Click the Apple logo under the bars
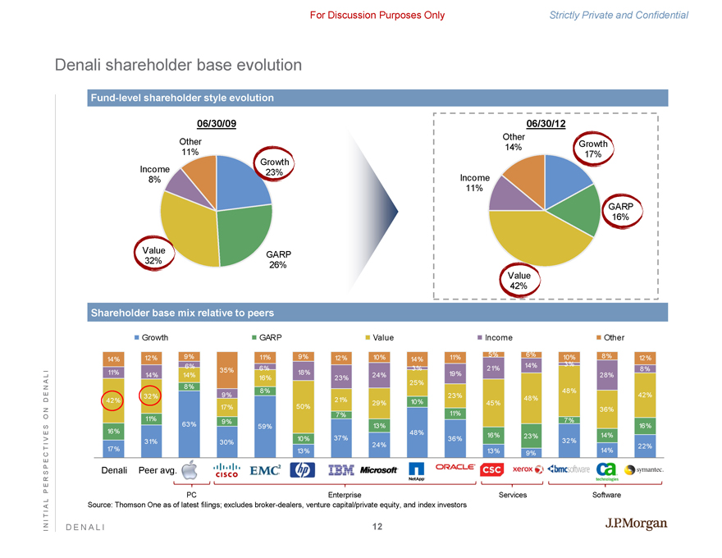coord(190,470)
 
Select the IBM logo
coord(340,470)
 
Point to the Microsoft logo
coord(378,470)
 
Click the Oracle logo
coord(455,467)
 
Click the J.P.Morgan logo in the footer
coord(635,524)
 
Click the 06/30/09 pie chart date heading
coord(217,124)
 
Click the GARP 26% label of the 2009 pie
coord(280,260)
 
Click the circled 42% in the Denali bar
coord(112,400)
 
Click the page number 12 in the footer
coord(377,527)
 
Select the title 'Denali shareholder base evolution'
coord(178,65)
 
